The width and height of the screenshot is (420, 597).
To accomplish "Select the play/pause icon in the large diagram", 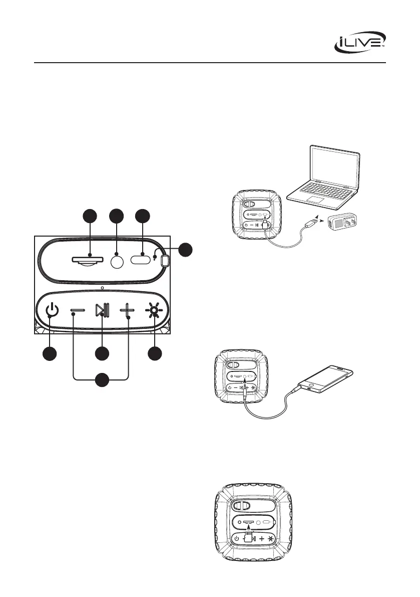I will pyautogui.click(x=102, y=312).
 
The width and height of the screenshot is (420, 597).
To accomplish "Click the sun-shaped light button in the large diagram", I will pyautogui.click(x=154, y=312).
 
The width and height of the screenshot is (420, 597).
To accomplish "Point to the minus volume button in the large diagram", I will pyautogui.click(x=79, y=312).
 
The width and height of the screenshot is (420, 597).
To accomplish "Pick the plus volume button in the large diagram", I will pyautogui.click(x=128, y=312).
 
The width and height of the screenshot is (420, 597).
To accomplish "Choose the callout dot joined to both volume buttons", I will pyautogui.click(x=102, y=380).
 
